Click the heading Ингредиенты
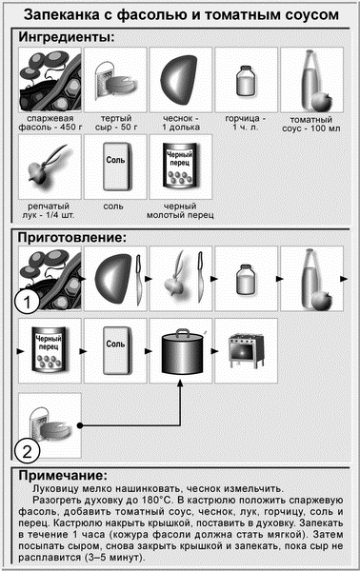(x=67, y=37)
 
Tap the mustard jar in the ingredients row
(x=246, y=81)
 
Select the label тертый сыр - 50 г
(x=116, y=123)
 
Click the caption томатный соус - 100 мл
(x=311, y=124)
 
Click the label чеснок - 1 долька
(x=181, y=123)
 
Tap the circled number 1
(x=27, y=302)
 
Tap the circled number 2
(x=27, y=451)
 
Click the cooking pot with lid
(x=182, y=352)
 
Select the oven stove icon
(x=246, y=350)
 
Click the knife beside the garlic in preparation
(x=138, y=279)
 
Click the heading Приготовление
(x=72, y=237)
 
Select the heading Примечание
(x=63, y=475)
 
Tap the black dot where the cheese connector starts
(x=79, y=425)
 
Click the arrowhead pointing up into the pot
(x=180, y=384)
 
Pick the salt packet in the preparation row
(x=116, y=350)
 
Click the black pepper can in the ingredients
(x=180, y=166)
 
